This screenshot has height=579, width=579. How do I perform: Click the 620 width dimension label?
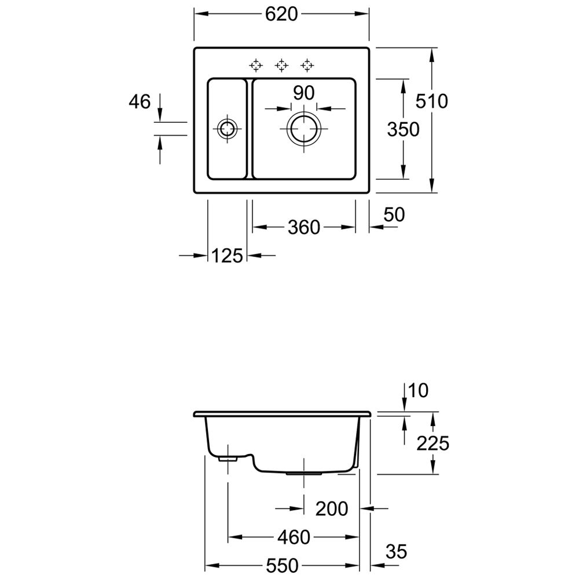click(281, 14)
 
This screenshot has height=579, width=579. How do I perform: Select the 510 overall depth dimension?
click(432, 101)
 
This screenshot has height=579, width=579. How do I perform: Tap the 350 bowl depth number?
click(403, 129)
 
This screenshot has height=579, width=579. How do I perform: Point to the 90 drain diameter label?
click(303, 93)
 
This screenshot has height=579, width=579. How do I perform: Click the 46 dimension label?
click(140, 101)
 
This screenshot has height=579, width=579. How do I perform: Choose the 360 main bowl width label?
click(304, 227)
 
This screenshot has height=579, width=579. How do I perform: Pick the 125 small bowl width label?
click(227, 255)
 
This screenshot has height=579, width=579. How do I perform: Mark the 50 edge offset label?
click(394, 215)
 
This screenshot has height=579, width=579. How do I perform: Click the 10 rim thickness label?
click(419, 390)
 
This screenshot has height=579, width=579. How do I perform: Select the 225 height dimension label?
click(433, 443)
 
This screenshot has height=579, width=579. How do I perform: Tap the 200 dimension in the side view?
click(332, 509)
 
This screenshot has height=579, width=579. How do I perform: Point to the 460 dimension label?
click(294, 537)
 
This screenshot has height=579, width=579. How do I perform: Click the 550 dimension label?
click(282, 565)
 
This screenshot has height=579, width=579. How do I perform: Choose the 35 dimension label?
click(397, 552)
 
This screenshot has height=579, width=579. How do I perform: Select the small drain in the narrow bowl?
click(227, 120)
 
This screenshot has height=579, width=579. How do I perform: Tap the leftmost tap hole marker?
click(256, 65)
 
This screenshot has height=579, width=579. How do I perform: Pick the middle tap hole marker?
click(281, 65)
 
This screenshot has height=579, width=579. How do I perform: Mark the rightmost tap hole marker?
click(307, 65)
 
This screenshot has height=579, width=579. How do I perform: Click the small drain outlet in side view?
click(228, 459)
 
